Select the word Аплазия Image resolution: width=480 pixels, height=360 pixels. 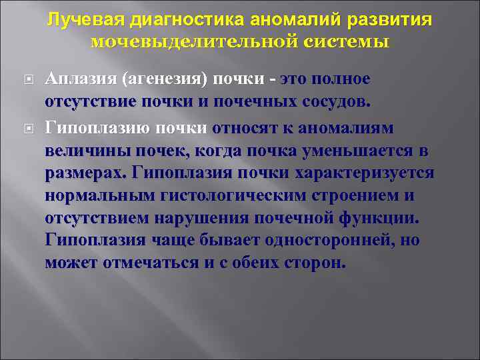tap(81, 79)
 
